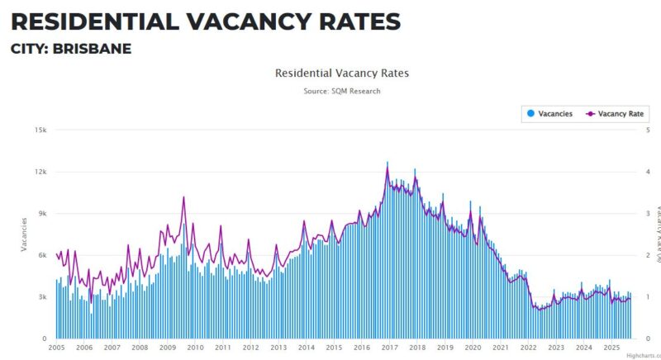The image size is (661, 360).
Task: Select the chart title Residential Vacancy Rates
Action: (341, 73)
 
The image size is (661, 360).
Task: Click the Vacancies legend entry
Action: (549, 113)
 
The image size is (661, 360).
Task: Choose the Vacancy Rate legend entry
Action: (616, 113)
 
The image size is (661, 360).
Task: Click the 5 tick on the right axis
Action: (648, 130)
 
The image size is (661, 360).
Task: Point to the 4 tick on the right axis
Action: (648, 172)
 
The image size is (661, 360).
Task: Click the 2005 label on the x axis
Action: (56, 348)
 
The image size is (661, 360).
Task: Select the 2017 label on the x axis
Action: (390, 348)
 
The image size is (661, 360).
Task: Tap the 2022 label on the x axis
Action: (529, 348)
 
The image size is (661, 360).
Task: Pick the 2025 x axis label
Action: (612, 348)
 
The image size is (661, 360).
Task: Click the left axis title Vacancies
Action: (24, 234)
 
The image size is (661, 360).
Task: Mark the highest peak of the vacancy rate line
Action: (387, 163)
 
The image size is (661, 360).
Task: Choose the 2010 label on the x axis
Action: (195, 348)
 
